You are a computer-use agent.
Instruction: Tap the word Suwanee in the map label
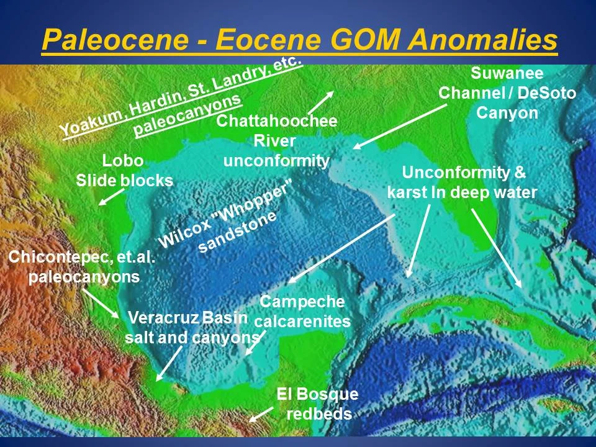507,73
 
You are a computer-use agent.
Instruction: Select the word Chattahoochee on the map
276,121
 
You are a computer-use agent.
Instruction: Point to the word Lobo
123,161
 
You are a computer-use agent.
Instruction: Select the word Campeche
302,302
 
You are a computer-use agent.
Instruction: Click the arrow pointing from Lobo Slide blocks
112,197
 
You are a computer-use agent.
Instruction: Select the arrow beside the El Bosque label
261,413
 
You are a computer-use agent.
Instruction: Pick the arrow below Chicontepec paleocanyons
101,303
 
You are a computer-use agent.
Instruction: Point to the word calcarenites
302,322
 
